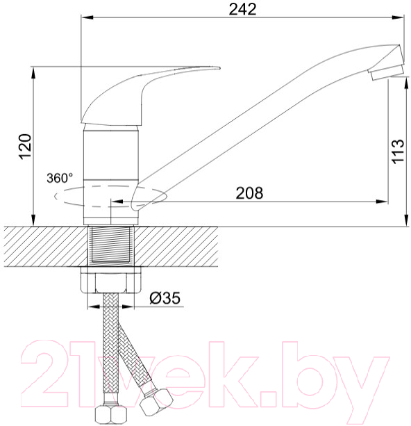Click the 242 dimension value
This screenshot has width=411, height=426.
(242, 10)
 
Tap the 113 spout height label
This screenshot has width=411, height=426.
(398, 151)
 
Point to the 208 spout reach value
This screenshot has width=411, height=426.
(249, 193)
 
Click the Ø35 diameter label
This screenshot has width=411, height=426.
(165, 297)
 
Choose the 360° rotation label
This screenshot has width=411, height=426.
(60, 178)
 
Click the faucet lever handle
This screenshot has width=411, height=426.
(150, 95)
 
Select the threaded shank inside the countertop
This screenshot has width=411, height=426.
(111, 246)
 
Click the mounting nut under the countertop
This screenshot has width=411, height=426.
(111, 280)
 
